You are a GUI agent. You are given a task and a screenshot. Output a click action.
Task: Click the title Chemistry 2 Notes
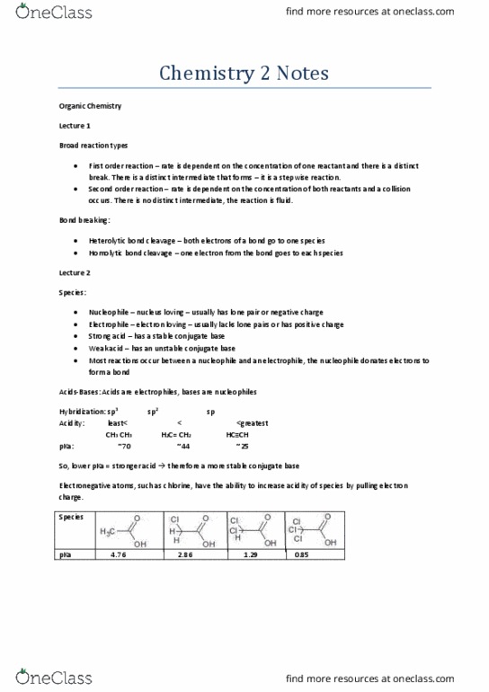[x=244, y=74]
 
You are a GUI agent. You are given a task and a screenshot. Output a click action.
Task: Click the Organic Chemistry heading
[x=88, y=106]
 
